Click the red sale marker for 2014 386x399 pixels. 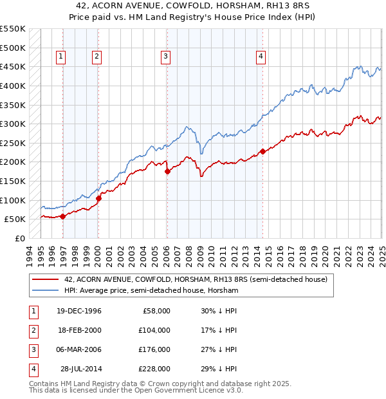(x=262, y=152)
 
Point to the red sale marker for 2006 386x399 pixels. (x=167, y=172)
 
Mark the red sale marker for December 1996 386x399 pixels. (x=63, y=216)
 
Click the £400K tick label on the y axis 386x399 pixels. (x=13, y=86)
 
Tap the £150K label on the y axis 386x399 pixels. (x=13, y=181)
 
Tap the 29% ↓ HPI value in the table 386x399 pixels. (x=219, y=369)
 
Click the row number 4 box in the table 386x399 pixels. (x=33, y=369)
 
